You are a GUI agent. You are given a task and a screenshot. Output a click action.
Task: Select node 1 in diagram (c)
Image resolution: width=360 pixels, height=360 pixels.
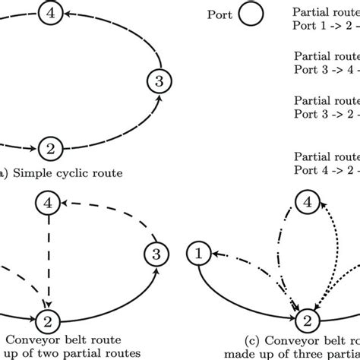200,252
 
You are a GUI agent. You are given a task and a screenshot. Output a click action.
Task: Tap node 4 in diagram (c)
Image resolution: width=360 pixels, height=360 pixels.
306,203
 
